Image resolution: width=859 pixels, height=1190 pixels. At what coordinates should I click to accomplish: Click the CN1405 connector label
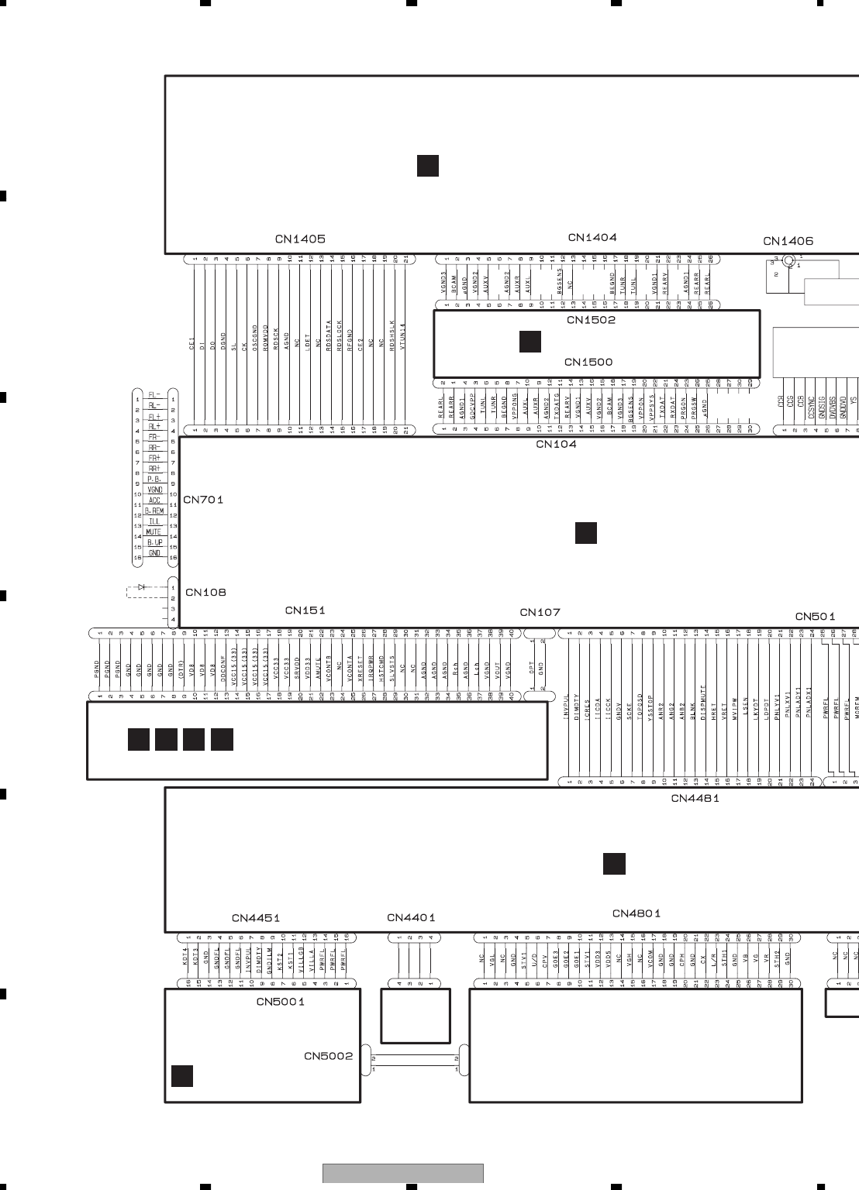[300, 239]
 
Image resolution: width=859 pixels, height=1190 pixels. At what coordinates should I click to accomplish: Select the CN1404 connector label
[592, 238]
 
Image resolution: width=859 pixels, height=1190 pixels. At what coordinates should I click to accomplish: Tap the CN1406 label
[788, 242]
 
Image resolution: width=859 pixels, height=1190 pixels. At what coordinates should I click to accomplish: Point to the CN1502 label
[591, 320]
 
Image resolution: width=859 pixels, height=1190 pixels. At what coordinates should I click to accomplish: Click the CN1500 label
[588, 362]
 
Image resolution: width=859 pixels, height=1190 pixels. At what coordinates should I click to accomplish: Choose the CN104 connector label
[556, 444]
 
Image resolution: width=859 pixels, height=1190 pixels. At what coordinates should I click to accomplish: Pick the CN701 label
[203, 500]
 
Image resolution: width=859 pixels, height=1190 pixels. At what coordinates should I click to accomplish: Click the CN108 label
[205, 593]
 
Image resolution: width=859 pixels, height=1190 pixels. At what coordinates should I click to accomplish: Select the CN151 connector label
[305, 610]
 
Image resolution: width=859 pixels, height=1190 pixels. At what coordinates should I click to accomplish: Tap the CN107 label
[540, 612]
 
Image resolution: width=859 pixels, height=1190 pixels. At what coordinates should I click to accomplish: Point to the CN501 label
[815, 617]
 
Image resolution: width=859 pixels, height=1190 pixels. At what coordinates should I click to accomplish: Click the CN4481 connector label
[695, 798]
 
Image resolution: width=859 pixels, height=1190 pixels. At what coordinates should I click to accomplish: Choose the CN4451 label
[256, 918]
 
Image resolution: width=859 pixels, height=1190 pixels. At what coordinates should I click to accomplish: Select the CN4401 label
[411, 918]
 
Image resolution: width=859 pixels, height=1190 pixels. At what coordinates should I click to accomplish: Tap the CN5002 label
[328, 1056]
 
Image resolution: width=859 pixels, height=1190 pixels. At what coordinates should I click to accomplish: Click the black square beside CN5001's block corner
[182, 1076]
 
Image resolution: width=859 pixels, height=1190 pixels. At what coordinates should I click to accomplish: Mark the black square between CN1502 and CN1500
[530, 341]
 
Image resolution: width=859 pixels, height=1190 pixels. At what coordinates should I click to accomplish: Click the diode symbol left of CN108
[141, 587]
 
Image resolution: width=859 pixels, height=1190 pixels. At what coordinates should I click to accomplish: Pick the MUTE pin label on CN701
[154, 532]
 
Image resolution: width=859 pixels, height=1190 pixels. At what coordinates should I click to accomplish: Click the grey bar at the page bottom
[403, 1174]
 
